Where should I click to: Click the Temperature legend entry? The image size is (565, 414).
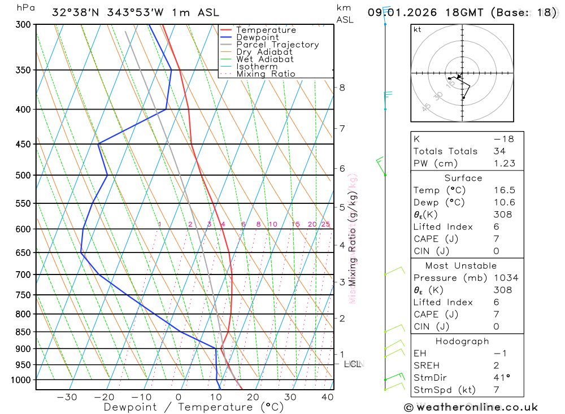tap(266, 30)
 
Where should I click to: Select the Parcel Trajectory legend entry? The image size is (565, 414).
tap(277, 45)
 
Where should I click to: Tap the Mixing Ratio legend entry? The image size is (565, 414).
tap(266, 74)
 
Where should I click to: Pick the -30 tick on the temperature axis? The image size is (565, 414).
tap(67, 397)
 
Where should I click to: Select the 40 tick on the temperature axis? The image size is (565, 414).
tap(328, 397)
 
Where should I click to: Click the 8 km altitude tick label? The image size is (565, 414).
tap(342, 88)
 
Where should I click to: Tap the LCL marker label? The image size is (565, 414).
tap(353, 364)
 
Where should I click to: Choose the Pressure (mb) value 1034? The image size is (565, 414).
tap(506, 278)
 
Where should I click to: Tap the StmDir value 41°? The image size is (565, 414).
tap(501, 377)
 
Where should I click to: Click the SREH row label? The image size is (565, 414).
tap(427, 365)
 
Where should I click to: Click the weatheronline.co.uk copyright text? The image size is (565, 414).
tap(471, 407)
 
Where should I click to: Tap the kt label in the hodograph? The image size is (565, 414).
tap(418, 29)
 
